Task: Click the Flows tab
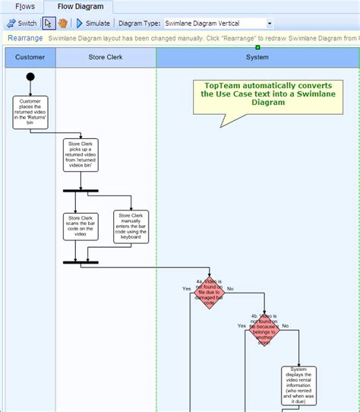tap(25, 7)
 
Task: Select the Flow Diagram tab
tap(80, 7)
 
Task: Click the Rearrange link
tap(24, 37)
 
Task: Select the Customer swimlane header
tap(30, 57)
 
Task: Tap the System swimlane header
tap(257, 57)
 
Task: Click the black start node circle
tap(30, 77)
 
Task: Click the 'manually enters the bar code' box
tap(131, 227)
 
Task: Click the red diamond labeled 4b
tap(264, 328)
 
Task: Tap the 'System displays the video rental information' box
tap(299, 385)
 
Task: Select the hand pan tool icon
tap(63, 24)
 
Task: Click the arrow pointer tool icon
tap(49, 24)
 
